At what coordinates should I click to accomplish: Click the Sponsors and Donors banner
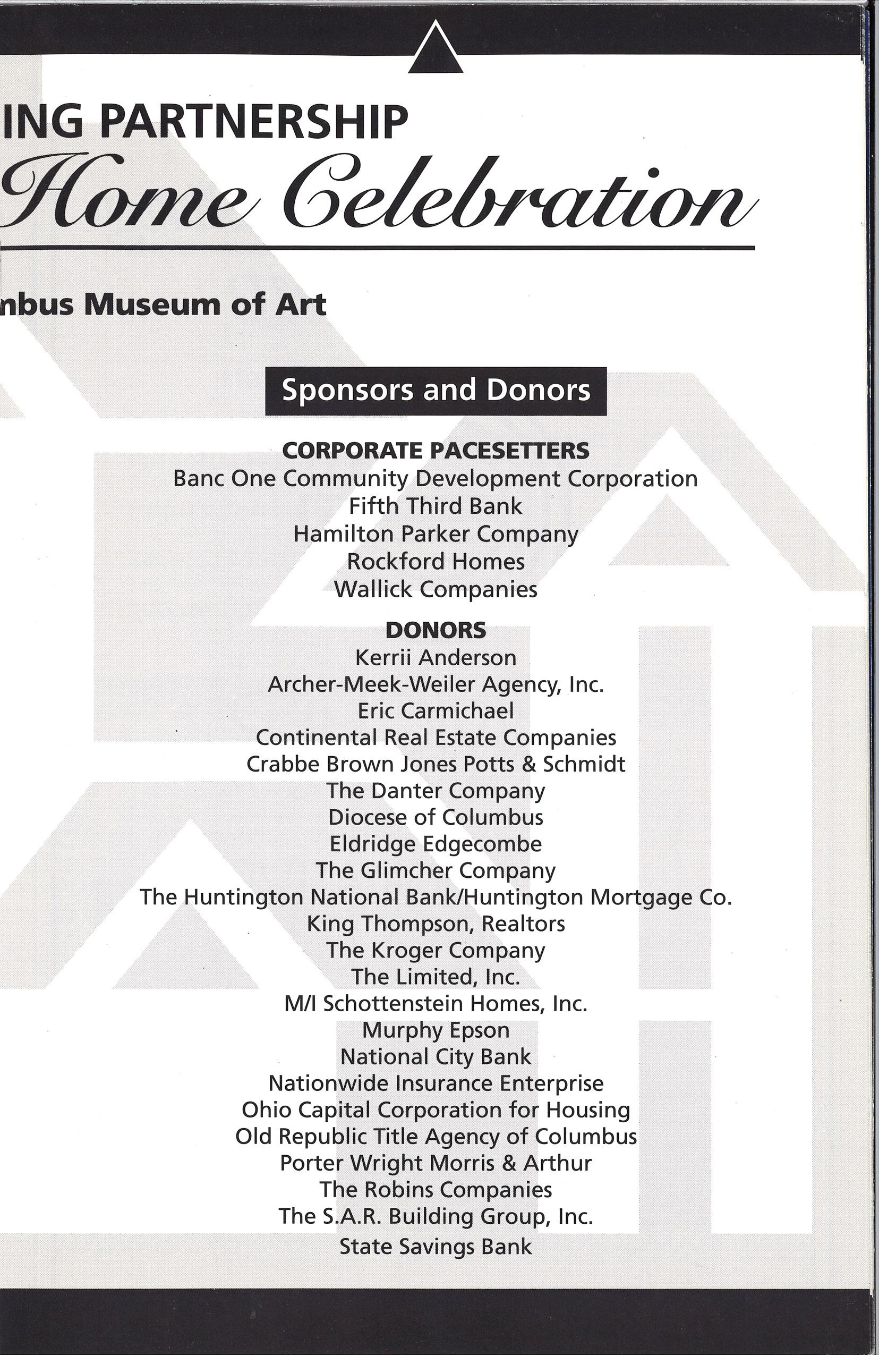(x=436, y=391)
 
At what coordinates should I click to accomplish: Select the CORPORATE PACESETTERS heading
(x=436, y=451)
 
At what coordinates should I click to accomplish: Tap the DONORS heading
(x=436, y=630)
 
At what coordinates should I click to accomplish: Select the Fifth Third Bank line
(x=436, y=506)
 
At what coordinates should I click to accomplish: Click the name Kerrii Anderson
(x=436, y=658)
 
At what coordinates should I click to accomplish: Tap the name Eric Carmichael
(x=436, y=710)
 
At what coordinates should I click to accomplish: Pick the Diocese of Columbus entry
(x=436, y=818)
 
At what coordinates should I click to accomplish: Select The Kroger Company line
(x=436, y=951)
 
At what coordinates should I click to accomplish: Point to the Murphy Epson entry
(x=436, y=1030)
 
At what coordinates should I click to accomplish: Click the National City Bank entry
(x=436, y=1057)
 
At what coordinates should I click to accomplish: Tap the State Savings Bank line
(x=436, y=1246)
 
